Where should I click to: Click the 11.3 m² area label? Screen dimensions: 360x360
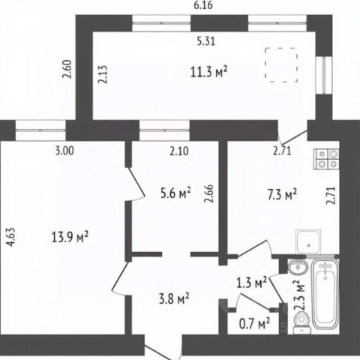[208, 72]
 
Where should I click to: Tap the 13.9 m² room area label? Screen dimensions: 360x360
[70, 237]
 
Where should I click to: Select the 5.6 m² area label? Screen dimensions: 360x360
[175, 193]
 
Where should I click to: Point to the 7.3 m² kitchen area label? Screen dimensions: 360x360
[282, 194]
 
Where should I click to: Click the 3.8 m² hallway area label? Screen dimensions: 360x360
[174, 298]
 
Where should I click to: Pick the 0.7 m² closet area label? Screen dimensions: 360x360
[254, 324]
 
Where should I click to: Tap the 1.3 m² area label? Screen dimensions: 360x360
[252, 283]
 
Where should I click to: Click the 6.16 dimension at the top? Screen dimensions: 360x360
[203, 5]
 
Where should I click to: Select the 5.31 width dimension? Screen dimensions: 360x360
[206, 41]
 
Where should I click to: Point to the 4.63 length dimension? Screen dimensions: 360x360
[11, 237]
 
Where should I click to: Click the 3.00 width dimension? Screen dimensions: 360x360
[64, 151]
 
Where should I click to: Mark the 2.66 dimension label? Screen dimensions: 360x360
[209, 193]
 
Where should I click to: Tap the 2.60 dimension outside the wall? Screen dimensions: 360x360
[67, 69]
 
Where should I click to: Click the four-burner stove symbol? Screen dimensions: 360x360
[326, 159]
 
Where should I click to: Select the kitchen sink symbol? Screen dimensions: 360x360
[308, 242]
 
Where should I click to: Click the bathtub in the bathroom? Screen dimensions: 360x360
[325, 294]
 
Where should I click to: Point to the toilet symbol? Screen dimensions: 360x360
[302, 323]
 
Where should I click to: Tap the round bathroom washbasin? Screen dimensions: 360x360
[298, 267]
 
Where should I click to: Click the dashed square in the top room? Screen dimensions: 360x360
[281, 64]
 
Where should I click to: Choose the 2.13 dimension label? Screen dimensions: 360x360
[103, 74]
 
